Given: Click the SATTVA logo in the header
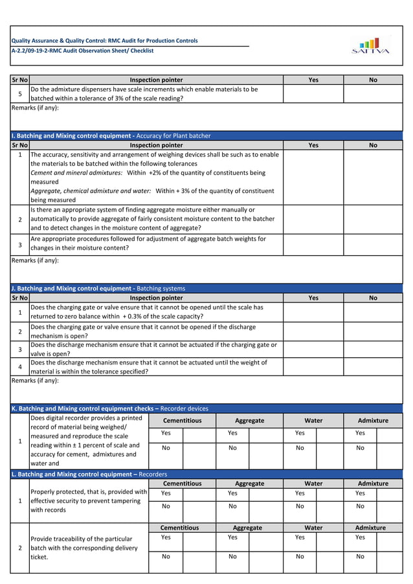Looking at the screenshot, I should point(370,45).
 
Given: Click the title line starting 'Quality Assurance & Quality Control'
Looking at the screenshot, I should point(105,41).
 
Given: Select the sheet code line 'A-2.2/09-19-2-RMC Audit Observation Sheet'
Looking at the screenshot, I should point(83,51).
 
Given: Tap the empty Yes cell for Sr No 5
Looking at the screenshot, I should point(313,94).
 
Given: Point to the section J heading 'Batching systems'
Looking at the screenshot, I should point(161,288).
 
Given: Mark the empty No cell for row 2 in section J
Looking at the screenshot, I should point(373,331).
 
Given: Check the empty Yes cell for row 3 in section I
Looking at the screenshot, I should point(313,244).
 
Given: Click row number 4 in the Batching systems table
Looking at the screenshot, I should point(20,367).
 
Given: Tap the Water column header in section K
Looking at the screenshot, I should point(313,421).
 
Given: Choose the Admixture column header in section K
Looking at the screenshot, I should point(373,421).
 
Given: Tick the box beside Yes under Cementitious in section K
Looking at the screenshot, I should point(199,433).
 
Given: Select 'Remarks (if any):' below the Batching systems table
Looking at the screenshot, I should point(35,381).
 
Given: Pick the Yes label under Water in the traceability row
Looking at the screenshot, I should point(300,537).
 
